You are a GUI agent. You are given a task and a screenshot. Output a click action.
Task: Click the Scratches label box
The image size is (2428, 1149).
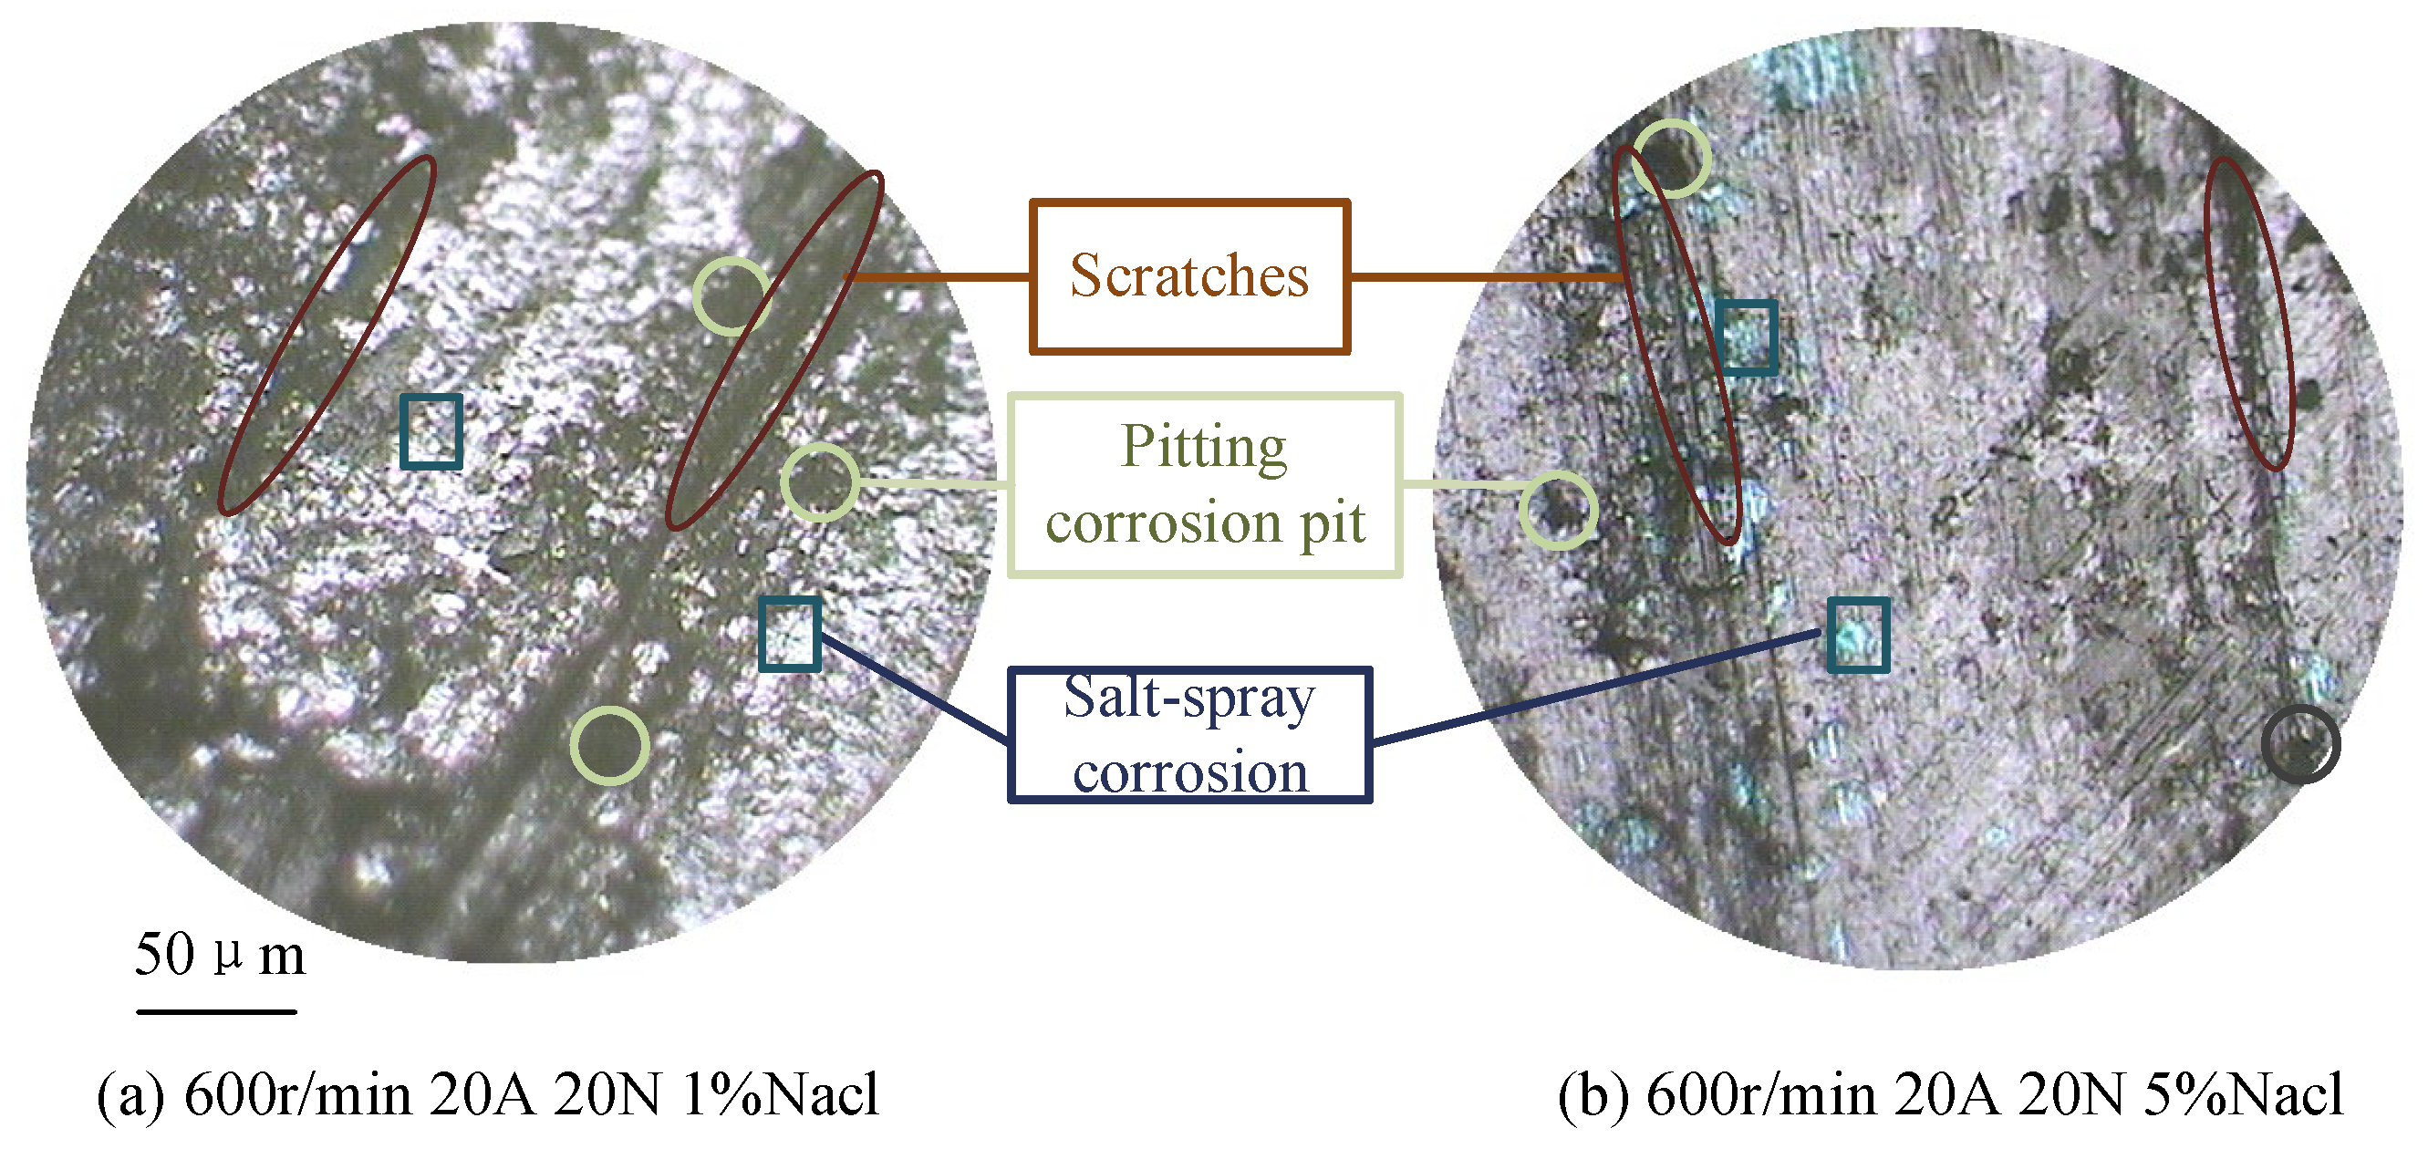tap(1188, 276)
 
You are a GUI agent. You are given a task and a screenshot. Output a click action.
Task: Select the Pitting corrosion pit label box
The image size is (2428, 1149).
tap(1205, 484)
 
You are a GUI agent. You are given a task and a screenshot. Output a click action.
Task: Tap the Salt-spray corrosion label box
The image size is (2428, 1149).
tap(1189, 735)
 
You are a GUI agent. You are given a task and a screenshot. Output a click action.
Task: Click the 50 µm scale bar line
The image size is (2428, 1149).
tap(217, 1011)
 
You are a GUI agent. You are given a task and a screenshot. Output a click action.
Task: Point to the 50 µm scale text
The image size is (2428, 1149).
tap(220, 954)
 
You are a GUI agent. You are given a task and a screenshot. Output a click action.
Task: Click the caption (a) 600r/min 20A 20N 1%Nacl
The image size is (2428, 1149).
tap(488, 1094)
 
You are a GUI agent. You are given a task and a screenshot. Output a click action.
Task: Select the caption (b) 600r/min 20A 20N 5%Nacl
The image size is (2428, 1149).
tap(1949, 1094)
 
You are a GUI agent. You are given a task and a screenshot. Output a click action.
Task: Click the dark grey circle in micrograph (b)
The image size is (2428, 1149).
tap(2300, 743)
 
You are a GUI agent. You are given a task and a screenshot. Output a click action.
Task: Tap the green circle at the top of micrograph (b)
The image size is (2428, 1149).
tap(1671, 159)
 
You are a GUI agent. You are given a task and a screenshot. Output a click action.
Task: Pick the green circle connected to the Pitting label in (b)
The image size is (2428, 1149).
tap(1558, 510)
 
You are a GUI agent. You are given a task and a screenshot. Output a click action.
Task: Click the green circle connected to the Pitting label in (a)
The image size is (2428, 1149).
tap(820, 481)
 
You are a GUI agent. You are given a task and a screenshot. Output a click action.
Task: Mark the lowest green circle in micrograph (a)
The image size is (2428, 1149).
tap(610, 745)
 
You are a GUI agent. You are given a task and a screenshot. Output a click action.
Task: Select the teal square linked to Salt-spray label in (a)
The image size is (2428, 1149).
tap(790, 634)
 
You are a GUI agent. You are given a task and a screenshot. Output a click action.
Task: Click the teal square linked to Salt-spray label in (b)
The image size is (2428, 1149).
tap(1858, 635)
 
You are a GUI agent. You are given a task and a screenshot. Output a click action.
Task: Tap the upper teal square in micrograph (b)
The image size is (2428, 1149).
tap(1747, 337)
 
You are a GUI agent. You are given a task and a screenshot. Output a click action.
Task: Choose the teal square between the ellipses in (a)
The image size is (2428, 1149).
tap(431, 431)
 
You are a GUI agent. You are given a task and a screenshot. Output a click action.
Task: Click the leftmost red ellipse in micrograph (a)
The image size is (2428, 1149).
tap(327, 336)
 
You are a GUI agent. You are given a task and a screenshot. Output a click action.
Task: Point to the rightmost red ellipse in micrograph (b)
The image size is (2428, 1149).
tap(2249, 313)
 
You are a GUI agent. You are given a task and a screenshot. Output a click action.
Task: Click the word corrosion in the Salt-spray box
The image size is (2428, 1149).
tap(1189, 773)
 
